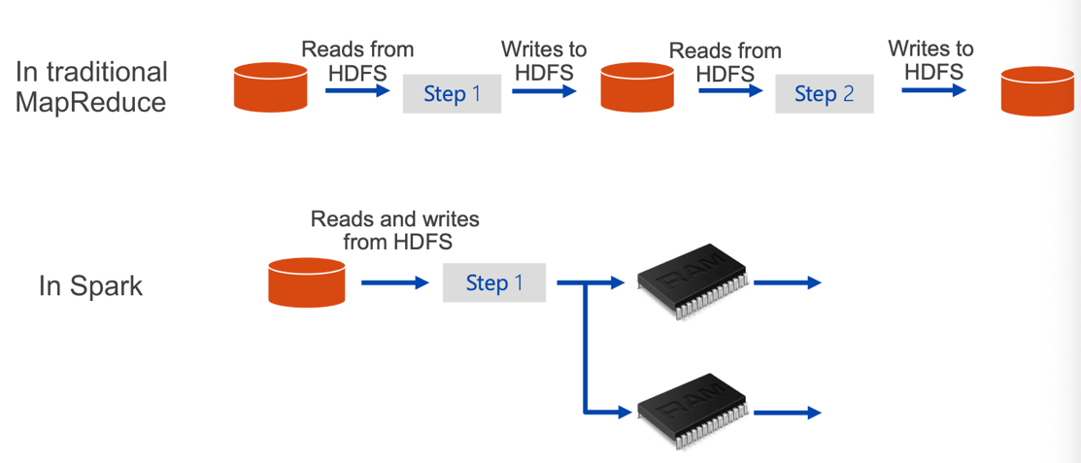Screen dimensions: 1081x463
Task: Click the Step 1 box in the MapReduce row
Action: tap(452, 94)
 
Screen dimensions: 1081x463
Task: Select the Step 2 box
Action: tap(824, 94)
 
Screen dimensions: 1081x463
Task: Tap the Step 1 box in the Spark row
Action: tap(493, 282)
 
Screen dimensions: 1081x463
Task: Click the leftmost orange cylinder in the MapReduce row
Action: tap(270, 86)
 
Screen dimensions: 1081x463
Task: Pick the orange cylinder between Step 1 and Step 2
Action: tap(637, 86)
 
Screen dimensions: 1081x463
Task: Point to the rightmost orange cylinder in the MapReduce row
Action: tap(1037, 91)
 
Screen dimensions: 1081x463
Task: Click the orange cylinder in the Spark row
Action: tap(306, 281)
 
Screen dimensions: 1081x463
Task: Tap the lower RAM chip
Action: tap(693, 412)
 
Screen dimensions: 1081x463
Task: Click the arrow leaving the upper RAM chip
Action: tap(788, 282)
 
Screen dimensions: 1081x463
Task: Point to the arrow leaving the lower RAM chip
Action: tap(788, 413)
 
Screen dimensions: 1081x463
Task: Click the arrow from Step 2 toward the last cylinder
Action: tap(933, 90)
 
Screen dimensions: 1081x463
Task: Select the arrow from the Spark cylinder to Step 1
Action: tap(395, 282)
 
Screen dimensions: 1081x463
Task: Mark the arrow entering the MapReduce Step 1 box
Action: tap(357, 90)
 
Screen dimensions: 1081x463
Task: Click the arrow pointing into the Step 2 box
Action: tap(730, 90)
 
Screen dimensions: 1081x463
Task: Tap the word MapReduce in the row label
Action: tap(90, 102)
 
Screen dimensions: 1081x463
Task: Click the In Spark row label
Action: tap(90, 286)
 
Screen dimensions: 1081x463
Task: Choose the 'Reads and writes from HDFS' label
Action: tap(395, 230)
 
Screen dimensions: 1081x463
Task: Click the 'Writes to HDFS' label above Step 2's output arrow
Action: tap(930, 59)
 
